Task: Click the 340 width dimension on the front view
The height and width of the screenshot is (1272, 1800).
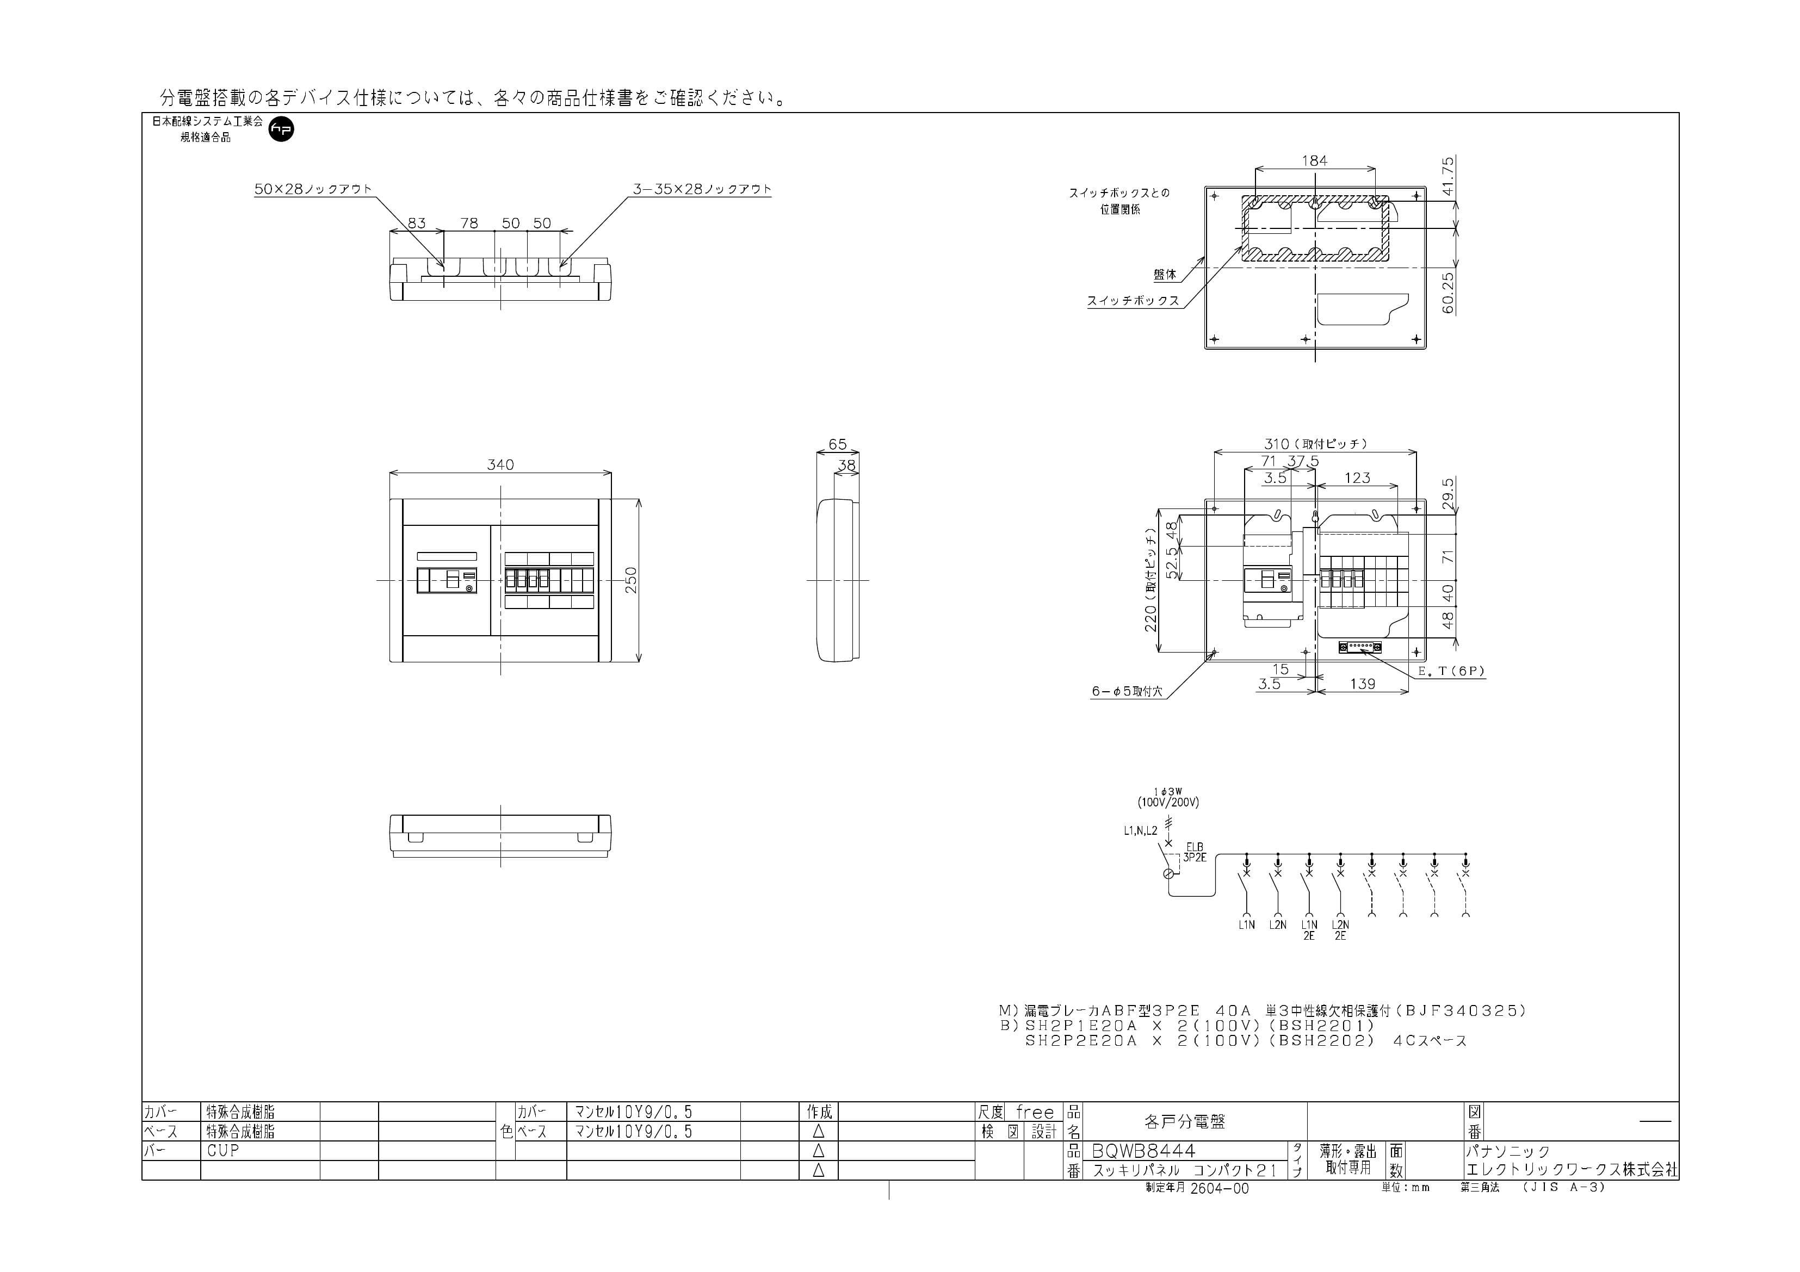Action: click(x=500, y=465)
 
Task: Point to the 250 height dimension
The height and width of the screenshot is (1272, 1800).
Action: click(x=631, y=580)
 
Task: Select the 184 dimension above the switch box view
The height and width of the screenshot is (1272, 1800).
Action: click(x=1315, y=160)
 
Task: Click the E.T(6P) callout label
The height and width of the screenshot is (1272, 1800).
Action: click(x=1451, y=672)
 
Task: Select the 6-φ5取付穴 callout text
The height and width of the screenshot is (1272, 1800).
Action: click(x=1127, y=692)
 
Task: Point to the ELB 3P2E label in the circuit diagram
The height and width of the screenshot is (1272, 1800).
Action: click(x=1194, y=853)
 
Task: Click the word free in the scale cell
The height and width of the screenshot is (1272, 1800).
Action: click(x=1035, y=1112)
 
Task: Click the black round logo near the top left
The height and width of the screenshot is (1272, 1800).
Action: click(x=281, y=129)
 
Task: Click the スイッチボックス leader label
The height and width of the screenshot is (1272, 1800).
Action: click(x=1133, y=301)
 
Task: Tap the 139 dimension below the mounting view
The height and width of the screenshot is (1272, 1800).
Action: click(x=1363, y=684)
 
